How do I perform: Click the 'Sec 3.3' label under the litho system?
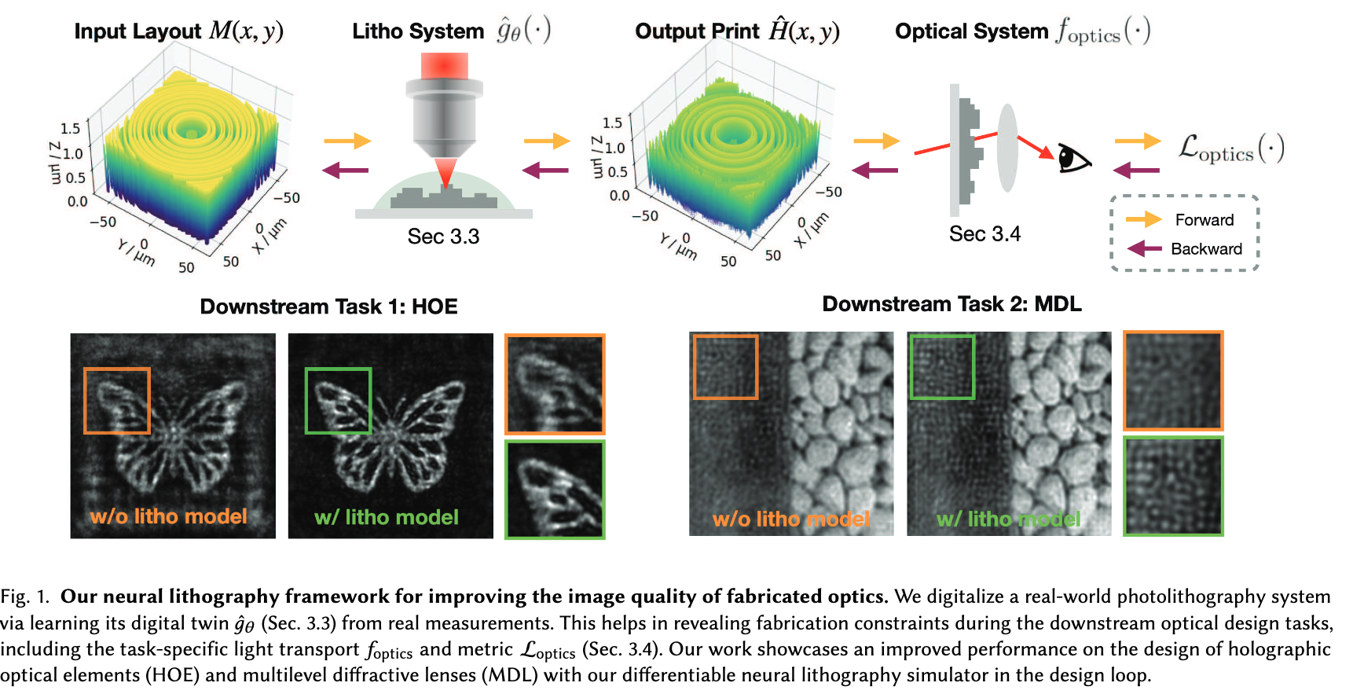443,237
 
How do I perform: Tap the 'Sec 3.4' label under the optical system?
984,234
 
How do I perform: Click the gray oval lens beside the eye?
1007,149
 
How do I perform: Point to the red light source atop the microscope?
444,65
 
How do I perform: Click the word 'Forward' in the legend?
1204,220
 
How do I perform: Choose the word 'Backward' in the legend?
1206,249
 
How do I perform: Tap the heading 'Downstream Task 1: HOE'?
328,306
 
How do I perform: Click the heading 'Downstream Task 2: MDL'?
951,304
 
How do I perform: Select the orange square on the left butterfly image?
117,401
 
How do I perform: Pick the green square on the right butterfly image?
338,401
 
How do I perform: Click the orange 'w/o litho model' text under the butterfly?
168,516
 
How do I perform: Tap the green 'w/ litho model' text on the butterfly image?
386,517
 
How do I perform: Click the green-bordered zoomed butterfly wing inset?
555,489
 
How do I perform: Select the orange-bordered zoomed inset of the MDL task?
1173,381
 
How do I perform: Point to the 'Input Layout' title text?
137,31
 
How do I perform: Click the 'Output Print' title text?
697,31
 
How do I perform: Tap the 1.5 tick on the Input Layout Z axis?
70,128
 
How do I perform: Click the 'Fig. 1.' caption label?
25,596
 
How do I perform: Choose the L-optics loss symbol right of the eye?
1230,149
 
